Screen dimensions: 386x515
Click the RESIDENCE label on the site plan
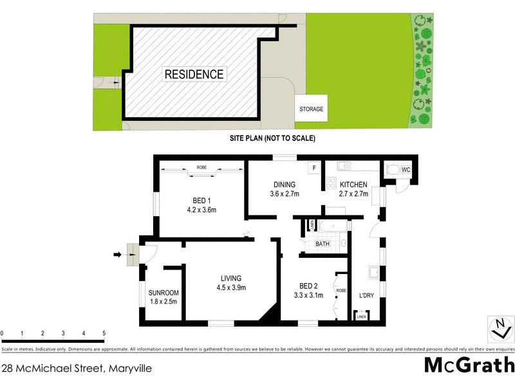(x=194, y=74)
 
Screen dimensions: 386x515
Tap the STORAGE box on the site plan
(x=311, y=109)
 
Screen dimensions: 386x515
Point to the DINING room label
(x=283, y=185)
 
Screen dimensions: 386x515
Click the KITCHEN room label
(x=353, y=185)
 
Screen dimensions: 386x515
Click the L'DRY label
(x=366, y=295)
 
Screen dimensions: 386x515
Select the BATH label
(x=323, y=244)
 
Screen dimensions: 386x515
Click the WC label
(x=406, y=170)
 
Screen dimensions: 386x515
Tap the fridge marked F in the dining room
(x=314, y=167)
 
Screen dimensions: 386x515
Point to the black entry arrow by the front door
(x=117, y=255)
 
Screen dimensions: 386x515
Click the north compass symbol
(x=499, y=328)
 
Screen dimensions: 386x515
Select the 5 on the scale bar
(x=104, y=333)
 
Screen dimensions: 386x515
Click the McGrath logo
(x=469, y=365)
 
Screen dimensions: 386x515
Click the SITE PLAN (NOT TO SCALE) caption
(x=272, y=138)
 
